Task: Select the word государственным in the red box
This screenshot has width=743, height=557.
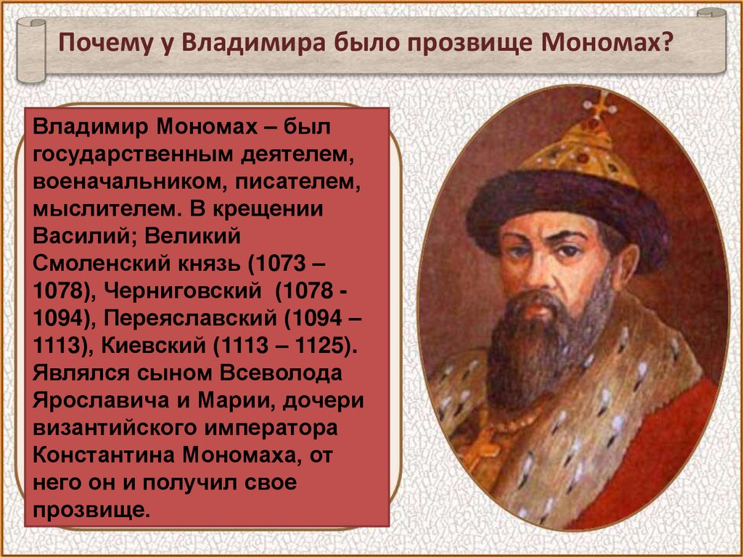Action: click(133, 155)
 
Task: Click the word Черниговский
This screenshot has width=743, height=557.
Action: click(182, 290)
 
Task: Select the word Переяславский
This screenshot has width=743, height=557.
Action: click(190, 318)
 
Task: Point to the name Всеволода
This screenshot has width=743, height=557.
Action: click(281, 373)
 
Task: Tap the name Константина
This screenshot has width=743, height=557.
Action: click(104, 455)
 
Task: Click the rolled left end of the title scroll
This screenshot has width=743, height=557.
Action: click(31, 50)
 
